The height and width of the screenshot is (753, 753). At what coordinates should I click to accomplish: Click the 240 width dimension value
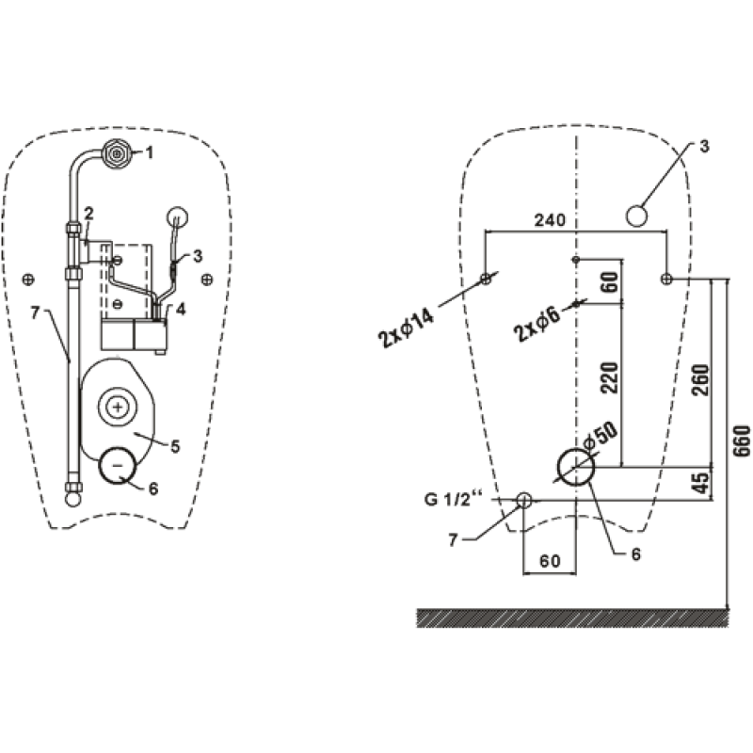550,220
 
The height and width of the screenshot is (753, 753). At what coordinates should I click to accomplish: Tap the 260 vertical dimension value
700,380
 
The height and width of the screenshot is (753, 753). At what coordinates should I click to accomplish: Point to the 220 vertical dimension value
610,378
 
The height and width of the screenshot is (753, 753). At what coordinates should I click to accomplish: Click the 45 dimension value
701,483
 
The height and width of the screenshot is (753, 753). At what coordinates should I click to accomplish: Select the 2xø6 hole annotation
537,324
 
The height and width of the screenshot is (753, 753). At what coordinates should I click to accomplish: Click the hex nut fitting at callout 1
117,153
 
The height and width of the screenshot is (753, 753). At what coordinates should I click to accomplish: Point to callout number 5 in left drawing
175,447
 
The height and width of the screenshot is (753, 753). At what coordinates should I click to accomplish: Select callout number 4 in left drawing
181,310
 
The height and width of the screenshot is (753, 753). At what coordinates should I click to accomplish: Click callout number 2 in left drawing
88,214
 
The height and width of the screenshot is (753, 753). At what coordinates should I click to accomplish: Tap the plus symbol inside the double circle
117,408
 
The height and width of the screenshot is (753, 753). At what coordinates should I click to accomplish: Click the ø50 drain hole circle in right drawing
576,466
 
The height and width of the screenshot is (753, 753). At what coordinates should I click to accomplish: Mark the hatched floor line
573,618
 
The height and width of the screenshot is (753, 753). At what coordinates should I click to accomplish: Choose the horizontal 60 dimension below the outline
550,561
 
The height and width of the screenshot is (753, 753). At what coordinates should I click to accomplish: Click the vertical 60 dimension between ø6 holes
610,281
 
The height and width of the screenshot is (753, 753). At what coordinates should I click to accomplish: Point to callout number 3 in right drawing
704,147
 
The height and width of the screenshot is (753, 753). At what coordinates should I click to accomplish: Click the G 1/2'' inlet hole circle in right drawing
524,500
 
